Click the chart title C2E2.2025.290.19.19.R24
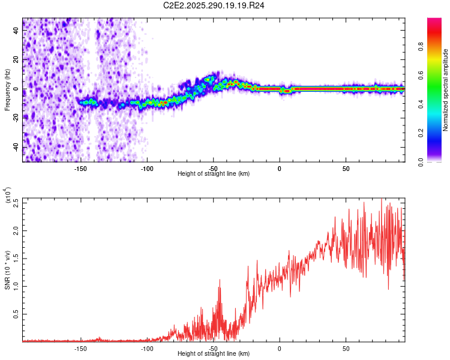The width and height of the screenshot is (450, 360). [x=214, y=5]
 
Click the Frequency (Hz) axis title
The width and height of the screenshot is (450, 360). [x=7, y=89]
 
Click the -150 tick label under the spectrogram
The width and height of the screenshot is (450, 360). [x=81, y=168]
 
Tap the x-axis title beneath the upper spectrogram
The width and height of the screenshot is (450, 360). [x=214, y=173]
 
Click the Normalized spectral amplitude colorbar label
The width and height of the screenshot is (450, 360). [x=445, y=90]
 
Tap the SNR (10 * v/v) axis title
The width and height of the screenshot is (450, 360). [x=7, y=270]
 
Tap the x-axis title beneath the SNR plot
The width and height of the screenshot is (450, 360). [x=214, y=353]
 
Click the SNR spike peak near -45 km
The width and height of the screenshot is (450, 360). [x=220, y=288]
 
